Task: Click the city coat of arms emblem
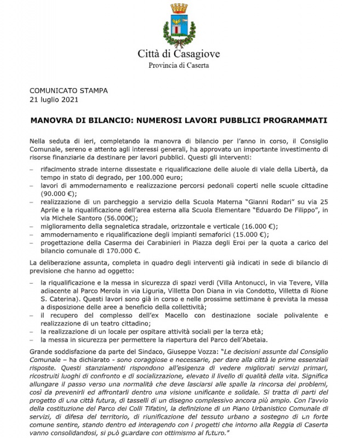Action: click(179, 25)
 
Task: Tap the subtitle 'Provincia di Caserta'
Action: click(179, 66)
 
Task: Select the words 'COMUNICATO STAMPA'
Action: click(68, 91)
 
